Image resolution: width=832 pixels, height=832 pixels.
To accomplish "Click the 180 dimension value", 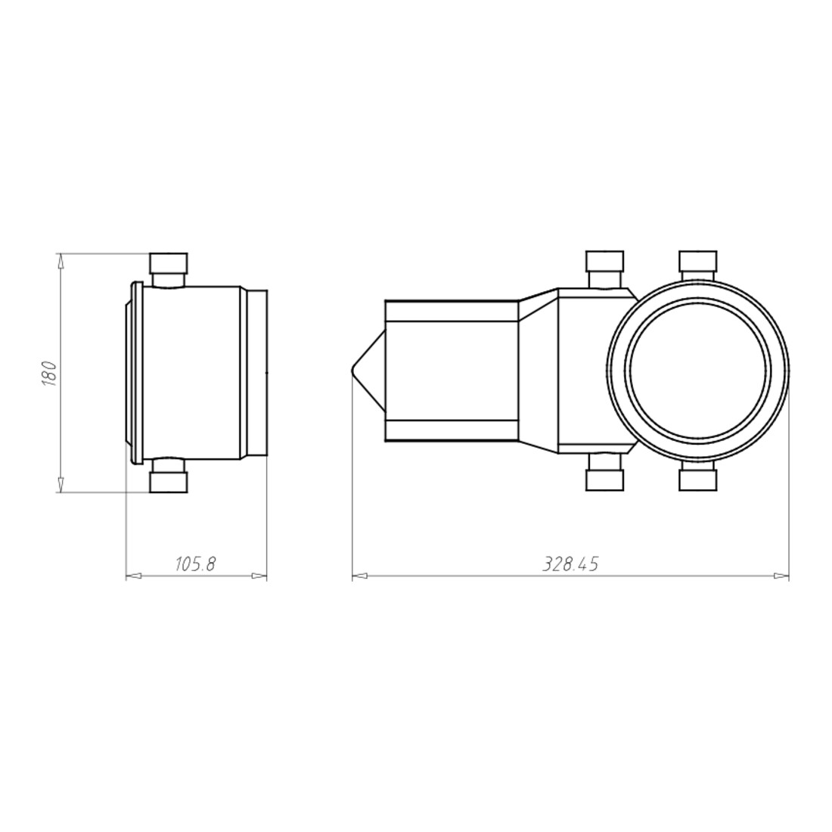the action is coord(49,372).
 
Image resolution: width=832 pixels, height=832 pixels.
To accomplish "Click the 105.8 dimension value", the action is coord(195,564).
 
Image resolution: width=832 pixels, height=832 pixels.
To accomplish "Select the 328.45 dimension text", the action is coord(570,564).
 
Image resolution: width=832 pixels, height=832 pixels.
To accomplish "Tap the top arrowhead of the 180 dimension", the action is coord(61,261).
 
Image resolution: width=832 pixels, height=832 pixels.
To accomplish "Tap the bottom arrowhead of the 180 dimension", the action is coord(61,484).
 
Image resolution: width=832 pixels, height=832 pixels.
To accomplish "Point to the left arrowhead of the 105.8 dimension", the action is coord(133,576).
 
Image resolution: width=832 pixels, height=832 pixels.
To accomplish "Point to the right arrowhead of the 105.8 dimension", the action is coord(259,576).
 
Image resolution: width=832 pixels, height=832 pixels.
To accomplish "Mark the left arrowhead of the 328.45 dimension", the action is coord(360,576).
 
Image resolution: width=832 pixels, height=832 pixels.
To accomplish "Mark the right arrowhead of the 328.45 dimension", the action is coord(781,576).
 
